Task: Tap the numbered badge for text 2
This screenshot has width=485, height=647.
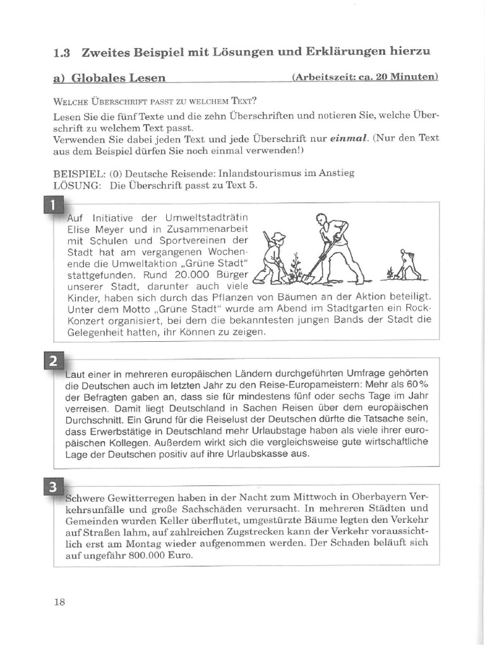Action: coord(54,361)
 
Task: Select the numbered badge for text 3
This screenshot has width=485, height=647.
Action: coord(54,486)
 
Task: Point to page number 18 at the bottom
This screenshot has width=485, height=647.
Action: coord(59,602)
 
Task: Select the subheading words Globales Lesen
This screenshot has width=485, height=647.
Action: coord(118,78)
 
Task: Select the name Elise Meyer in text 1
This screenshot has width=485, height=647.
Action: coord(95,229)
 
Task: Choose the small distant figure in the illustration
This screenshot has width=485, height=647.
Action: coord(407,265)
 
